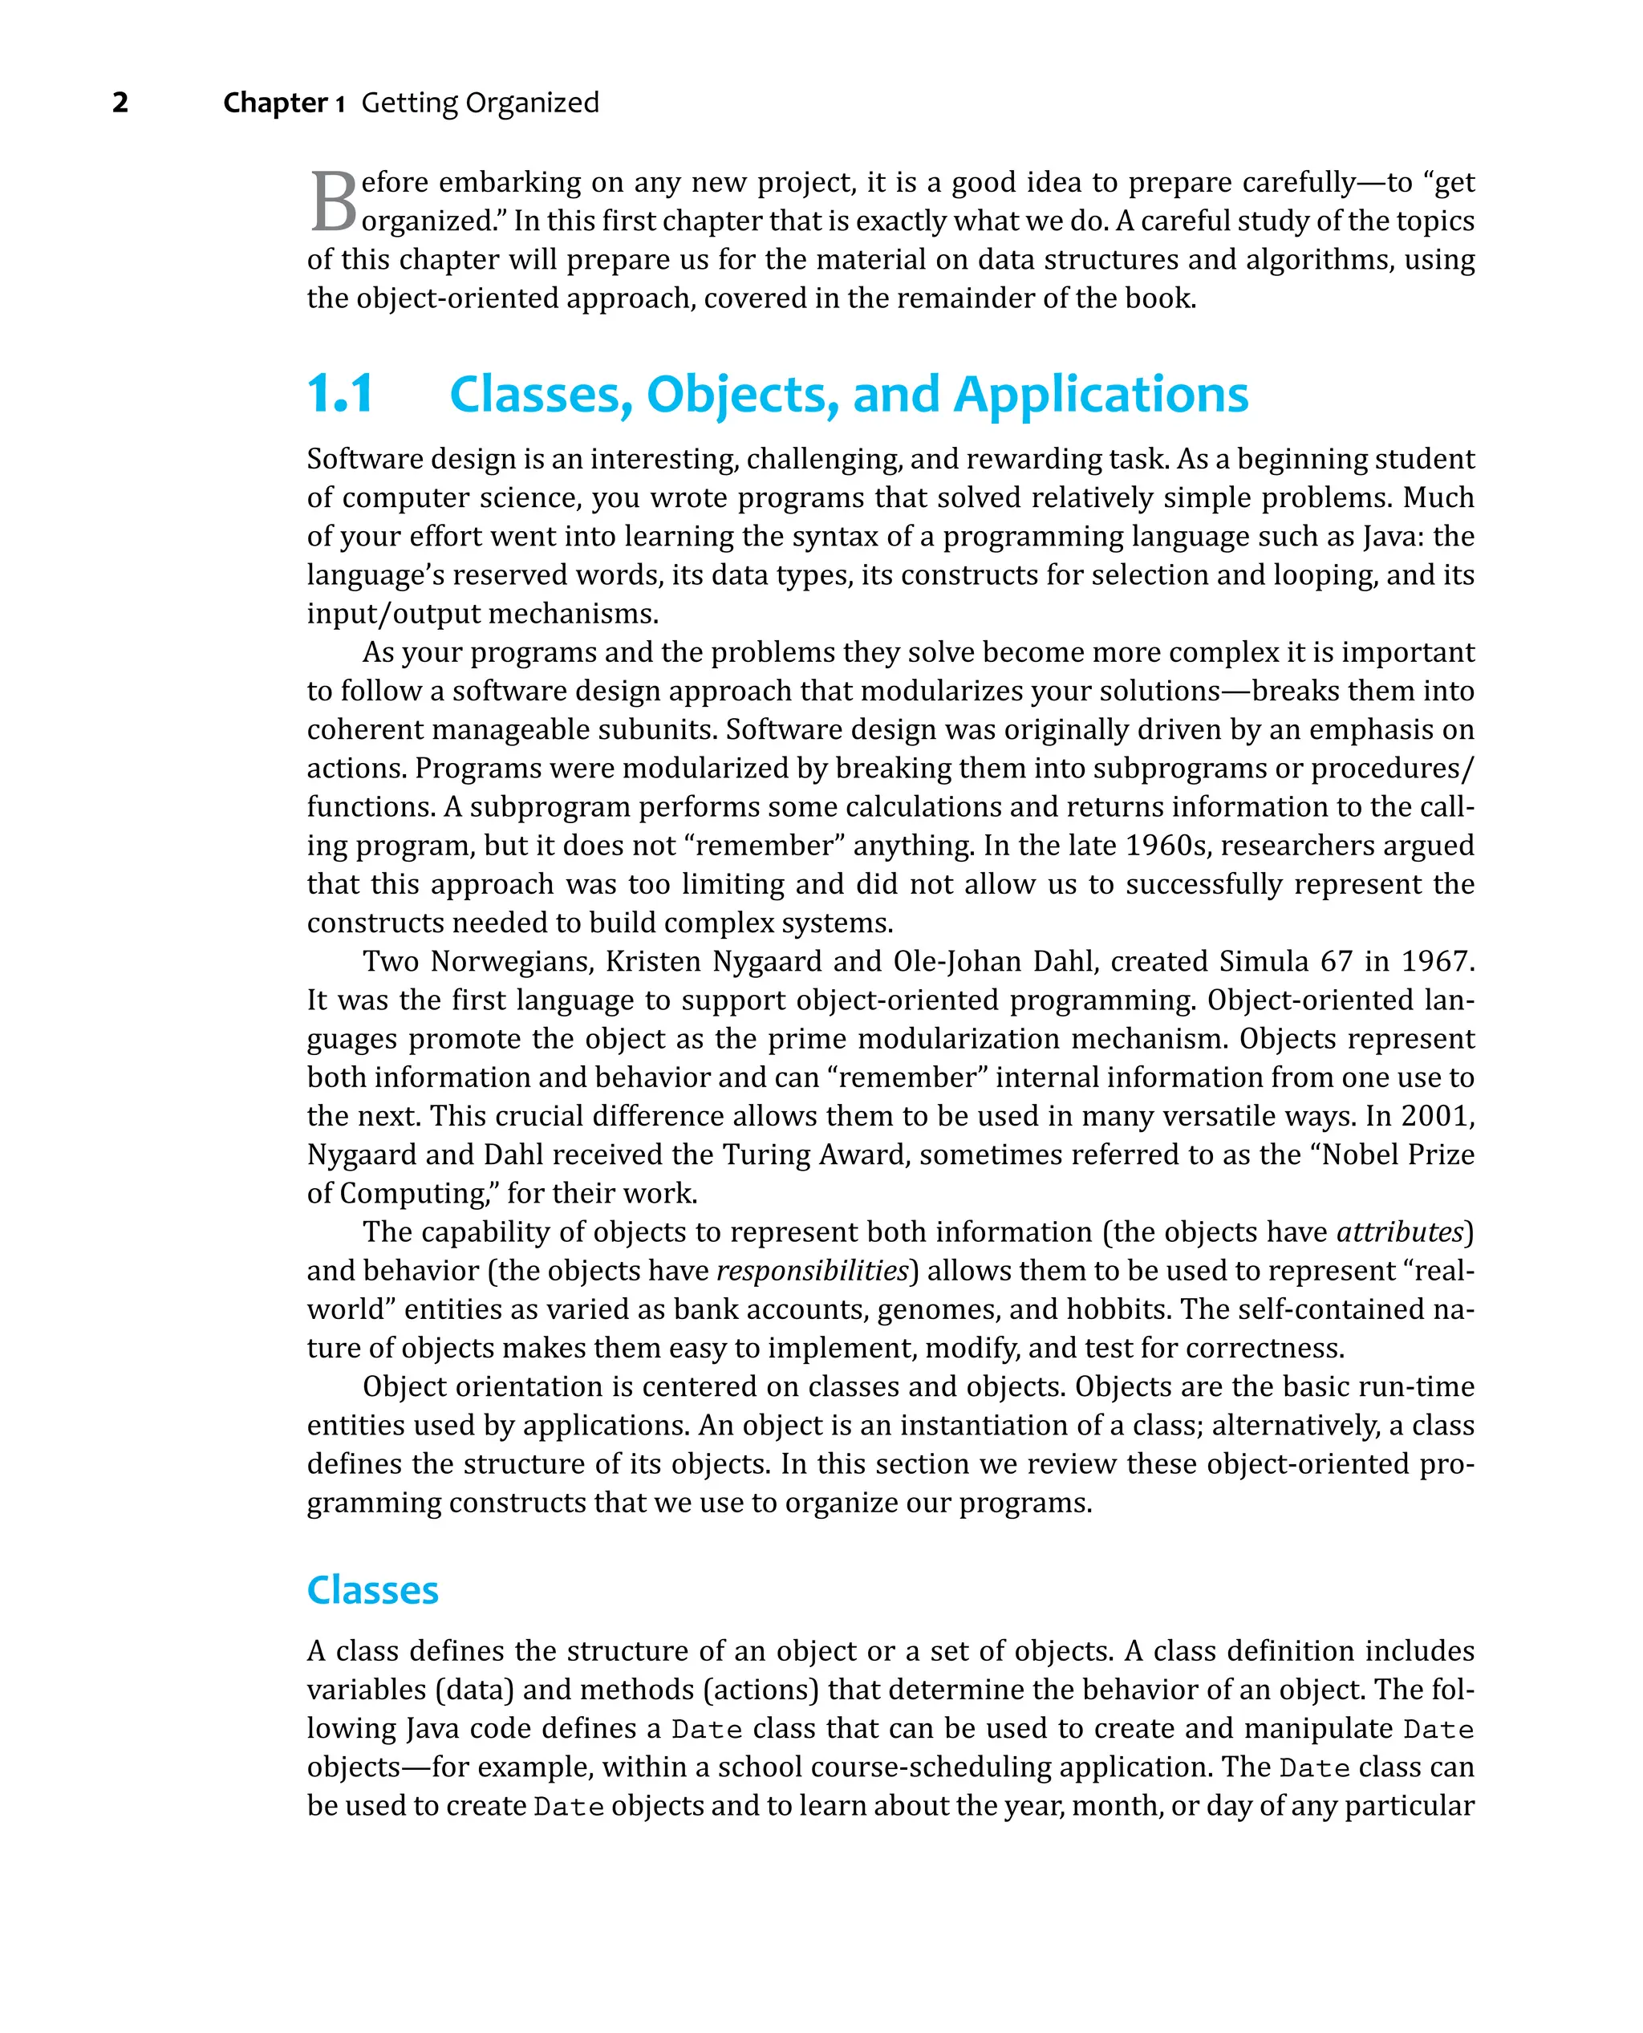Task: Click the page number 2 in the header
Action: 120,102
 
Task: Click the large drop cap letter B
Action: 333,201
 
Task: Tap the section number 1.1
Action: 341,394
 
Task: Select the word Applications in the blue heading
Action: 1101,394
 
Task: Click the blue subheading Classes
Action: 372,1590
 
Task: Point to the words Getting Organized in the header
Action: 480,102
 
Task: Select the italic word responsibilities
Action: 812,1270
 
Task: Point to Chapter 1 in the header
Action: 284,102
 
